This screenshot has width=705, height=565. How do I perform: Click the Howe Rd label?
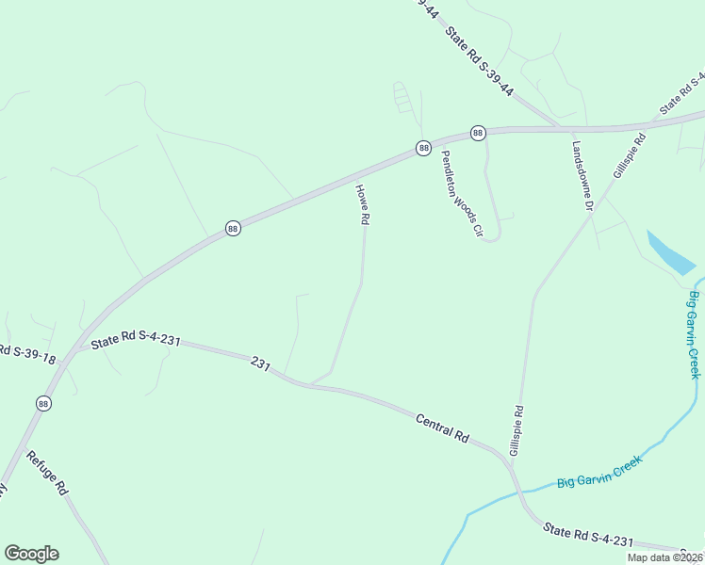click(361, 203)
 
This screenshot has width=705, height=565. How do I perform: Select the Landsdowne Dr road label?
click(582, 176)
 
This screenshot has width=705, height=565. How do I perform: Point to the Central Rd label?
click(442, 427)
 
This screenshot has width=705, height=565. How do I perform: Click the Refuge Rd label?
click(48, 474)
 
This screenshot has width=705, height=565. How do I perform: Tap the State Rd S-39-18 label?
click(28, 354)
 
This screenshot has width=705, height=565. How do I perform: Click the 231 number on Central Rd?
click(261, 363)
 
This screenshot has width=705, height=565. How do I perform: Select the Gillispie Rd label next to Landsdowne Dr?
click(630, 155)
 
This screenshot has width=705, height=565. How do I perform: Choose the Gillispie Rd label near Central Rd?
click(516, 431)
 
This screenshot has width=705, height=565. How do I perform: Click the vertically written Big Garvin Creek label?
click(697, 335)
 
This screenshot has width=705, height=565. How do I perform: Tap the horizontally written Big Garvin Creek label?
click(598, 471)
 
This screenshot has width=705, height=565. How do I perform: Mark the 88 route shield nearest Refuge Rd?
click(44, 403)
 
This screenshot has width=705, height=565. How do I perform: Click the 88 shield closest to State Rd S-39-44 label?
click(478, 133)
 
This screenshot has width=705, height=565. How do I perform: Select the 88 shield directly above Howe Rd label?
click(423, 148)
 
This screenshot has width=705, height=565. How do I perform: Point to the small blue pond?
click(672, 251)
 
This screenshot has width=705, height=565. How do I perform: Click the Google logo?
click(31, 554)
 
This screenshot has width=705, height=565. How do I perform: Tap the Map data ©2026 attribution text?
click(664, 557)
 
